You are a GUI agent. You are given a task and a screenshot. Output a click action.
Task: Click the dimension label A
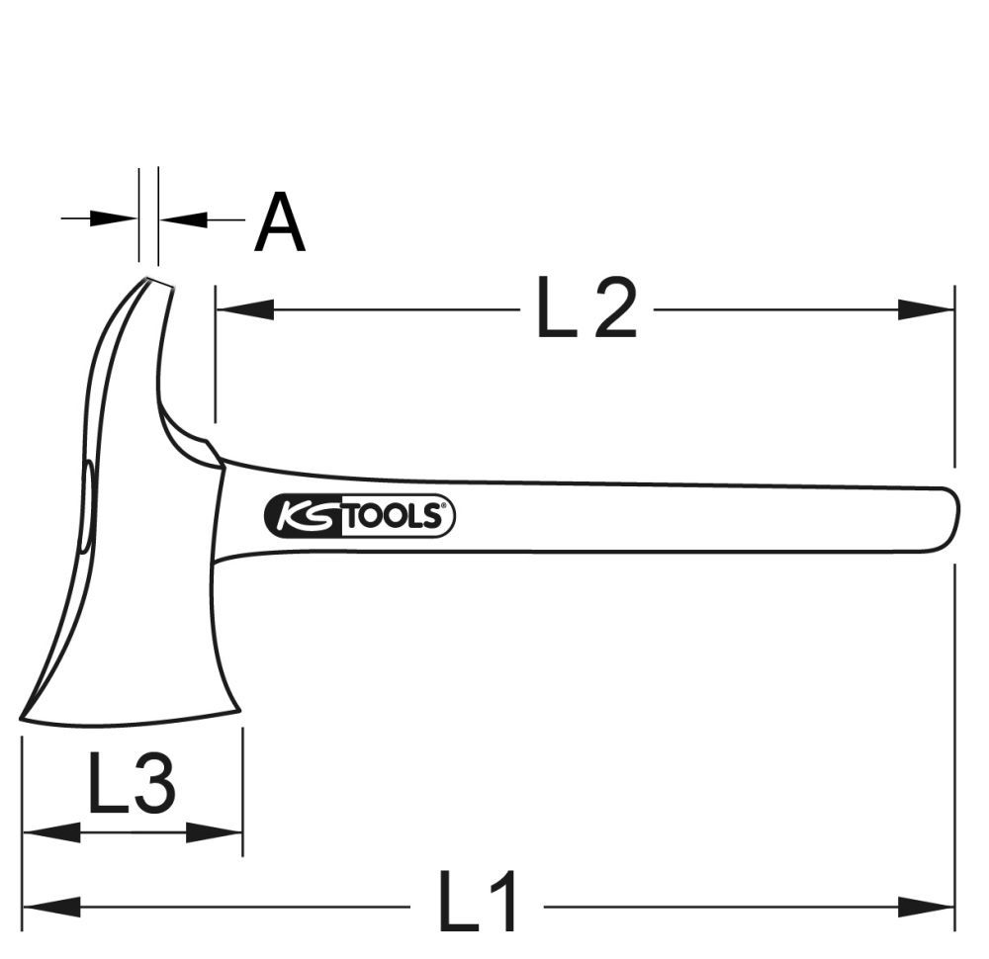[x=280, y=223]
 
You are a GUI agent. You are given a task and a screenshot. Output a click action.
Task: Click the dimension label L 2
[x=586, y=309]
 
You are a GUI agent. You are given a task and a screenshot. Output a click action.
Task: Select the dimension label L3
[x=132, y=783]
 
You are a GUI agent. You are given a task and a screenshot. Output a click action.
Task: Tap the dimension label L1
[x=478, y=904]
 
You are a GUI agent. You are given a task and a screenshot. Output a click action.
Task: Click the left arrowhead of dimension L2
[x=242, y=309]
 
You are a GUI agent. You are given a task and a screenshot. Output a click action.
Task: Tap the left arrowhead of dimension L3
[x=49, y=832]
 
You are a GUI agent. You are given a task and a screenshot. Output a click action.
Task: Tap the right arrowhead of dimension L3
[x=216, y=832]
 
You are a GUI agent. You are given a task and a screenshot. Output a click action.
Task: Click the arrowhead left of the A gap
[x=113, y=218]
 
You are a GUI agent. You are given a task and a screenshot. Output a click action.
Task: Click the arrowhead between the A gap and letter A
[x=184, y=218]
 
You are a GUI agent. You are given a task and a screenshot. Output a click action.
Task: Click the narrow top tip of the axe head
[x=156, y=285]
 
